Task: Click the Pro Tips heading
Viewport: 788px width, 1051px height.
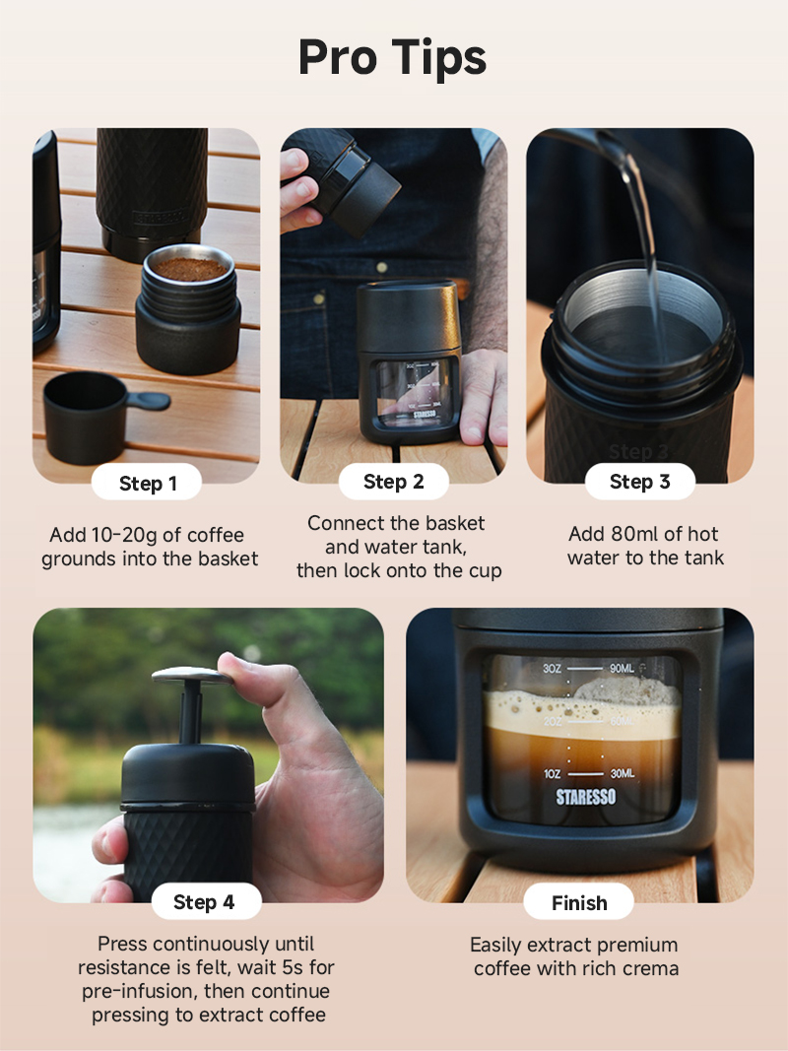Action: click(x=393, y=58)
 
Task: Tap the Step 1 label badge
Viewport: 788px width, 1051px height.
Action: click(x=147, y=483)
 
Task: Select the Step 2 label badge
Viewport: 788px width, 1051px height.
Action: click(x=393, y=482)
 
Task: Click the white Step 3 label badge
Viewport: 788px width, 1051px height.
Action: click(x=640, y=482)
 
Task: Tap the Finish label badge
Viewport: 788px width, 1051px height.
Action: click(x=578, y=902)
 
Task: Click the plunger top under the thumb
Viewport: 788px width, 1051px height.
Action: click(x=192, y=674)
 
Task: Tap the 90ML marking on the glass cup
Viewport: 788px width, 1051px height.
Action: click(x=622, y=668)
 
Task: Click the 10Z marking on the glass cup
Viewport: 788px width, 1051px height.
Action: click(x=553, y=773)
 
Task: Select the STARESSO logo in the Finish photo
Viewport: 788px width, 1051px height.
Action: click(x=586, y=796)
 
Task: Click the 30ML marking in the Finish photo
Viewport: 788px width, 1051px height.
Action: click(x=622, y=773)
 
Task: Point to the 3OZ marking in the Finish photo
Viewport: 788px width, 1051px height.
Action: click(x=553, y=668)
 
